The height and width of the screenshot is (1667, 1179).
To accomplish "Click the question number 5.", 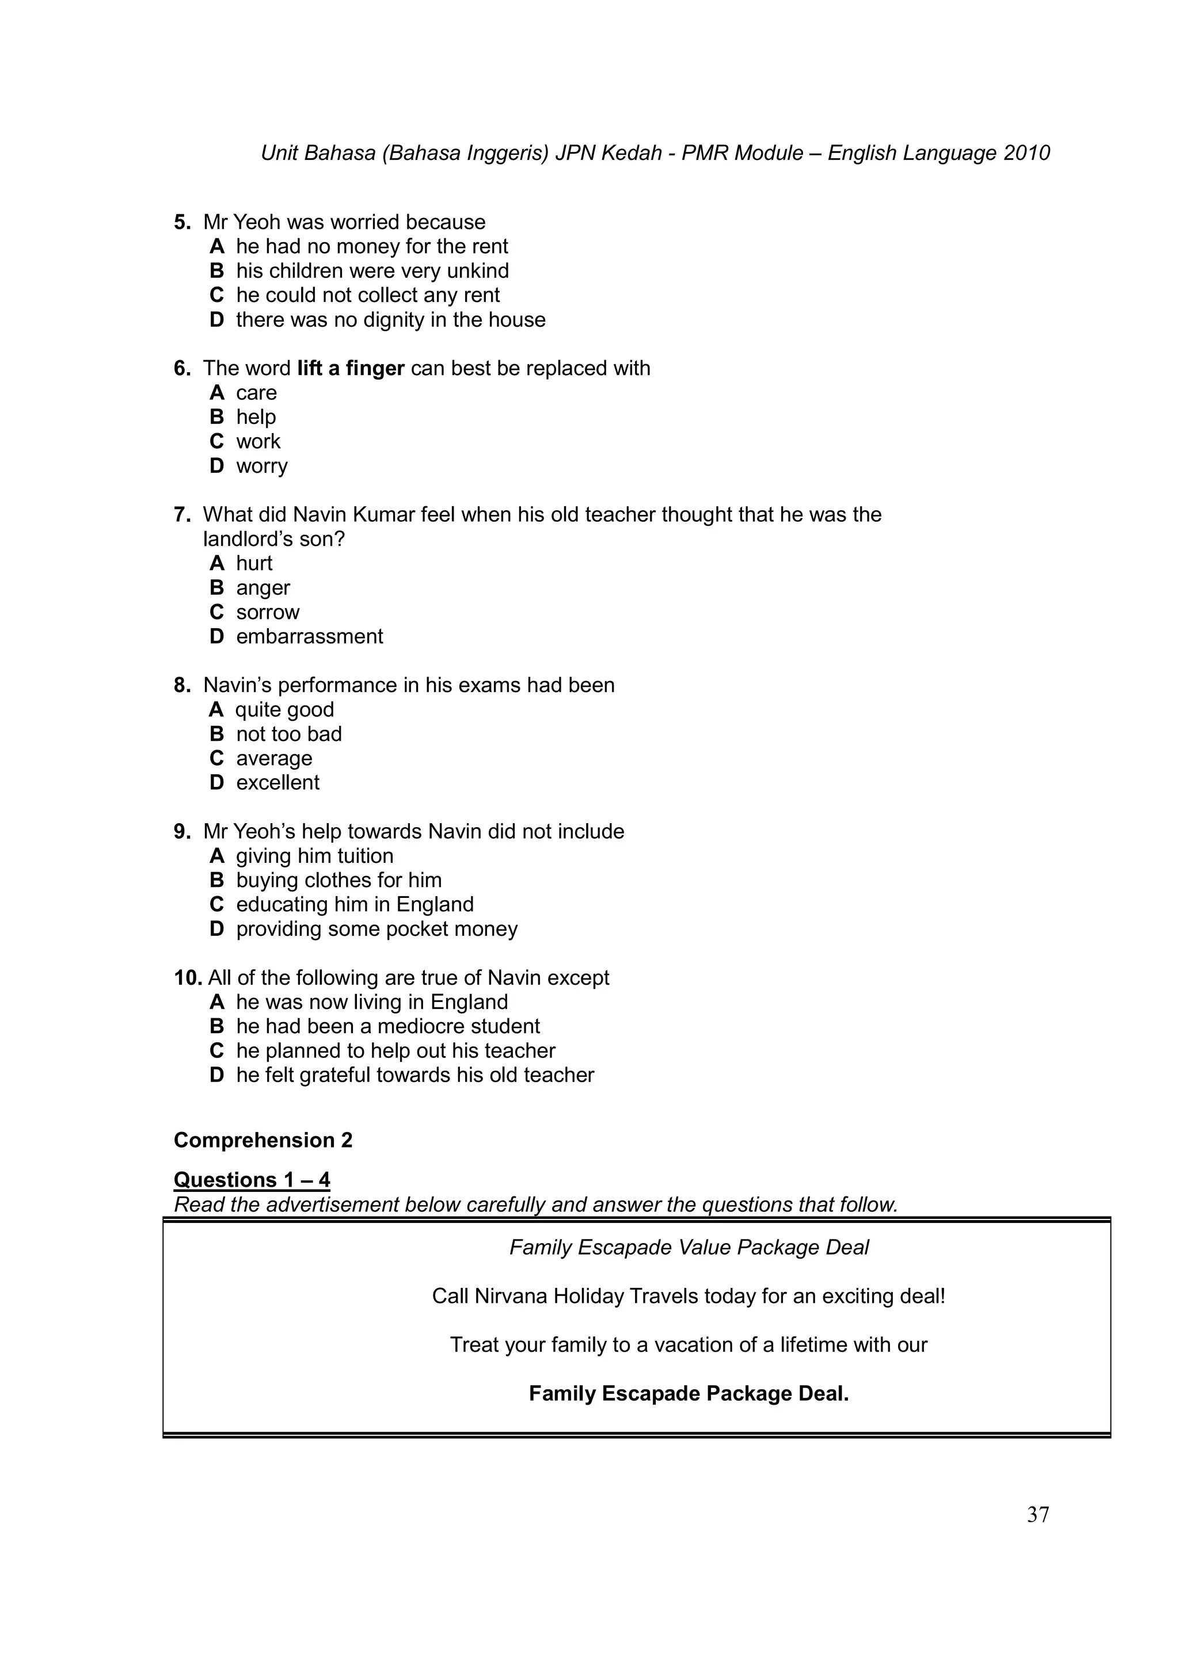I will (x=181, y=222).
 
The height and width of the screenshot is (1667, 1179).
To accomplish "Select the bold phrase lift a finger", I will (x=350, y=369).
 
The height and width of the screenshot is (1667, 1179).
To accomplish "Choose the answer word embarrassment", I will (x=310, y=637).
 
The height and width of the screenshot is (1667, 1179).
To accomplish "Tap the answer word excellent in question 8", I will (x=277, y=783).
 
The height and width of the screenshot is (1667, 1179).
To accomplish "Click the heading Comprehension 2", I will (x=263, y=1140).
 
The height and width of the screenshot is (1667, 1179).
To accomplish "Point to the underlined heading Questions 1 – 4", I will (x=252, y=1180).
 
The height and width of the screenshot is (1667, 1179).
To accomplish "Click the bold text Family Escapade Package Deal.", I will (x=688, y=1393).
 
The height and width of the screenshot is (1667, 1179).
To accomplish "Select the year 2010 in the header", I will (x=1026, y=153).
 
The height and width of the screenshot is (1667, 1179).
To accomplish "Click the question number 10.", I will (x=188, y=978).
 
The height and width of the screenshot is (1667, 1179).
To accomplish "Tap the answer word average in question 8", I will (x=274, y=759).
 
